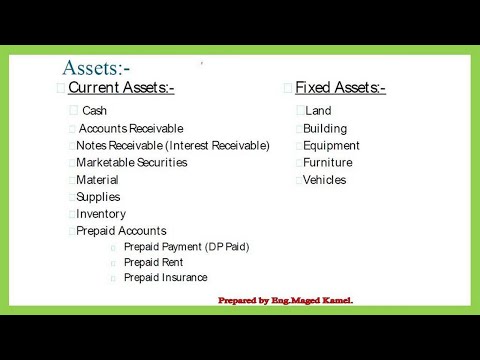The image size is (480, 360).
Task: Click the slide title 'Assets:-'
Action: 96,68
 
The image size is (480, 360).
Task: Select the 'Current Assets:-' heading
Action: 121,88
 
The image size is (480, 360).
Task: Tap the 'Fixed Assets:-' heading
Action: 340,88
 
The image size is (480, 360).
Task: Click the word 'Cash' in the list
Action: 94,111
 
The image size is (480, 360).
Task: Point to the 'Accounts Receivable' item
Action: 131,128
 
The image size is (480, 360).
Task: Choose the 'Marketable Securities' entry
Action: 131,162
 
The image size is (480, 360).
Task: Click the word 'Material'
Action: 97,180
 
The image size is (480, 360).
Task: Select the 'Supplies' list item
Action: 98,197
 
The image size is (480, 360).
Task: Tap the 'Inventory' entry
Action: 101,214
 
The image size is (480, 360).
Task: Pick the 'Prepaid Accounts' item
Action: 121,231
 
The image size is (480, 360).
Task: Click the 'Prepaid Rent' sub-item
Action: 154,262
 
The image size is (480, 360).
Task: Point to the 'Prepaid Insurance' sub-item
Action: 166,277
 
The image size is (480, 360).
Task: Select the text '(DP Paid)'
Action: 227,246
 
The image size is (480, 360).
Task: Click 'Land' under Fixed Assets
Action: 318,111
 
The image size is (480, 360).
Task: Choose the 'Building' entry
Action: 325,128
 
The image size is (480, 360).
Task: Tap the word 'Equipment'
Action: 331,145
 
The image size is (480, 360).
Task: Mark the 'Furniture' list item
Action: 328,162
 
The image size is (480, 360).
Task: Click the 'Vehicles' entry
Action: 325,180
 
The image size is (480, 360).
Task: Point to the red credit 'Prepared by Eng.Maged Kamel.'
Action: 285,300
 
